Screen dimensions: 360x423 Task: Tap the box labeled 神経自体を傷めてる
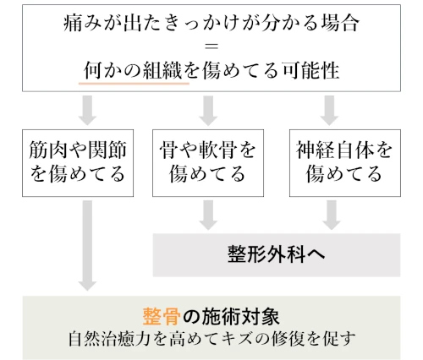coord(333,163)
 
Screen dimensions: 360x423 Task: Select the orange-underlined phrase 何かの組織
coord(134,73)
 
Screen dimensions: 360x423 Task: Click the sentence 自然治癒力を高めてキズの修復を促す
coord(211,341)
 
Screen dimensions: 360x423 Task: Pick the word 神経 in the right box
coord(312,150)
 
